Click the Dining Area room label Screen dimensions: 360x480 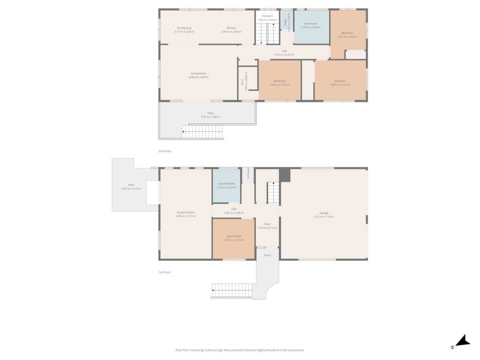(x=184, y=28)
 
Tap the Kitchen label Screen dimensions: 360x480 (x=231, y=28)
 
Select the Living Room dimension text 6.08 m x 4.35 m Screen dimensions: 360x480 (x=198, y=77)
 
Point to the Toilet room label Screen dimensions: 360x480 (x=285, y=23)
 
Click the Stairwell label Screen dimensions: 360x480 (x=267, y=16)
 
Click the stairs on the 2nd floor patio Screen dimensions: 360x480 (x=202, y=132)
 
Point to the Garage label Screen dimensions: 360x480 (x=324, y=213)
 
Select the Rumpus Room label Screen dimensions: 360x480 (x=185, y=212)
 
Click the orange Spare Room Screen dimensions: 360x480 (x=234, y=238)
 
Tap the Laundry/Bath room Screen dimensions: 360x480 (x=226, y=185)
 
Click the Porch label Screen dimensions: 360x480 (x=267, y=255)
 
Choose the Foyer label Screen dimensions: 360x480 (x=267, y=224)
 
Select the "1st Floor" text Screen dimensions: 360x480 (x=164, y=272)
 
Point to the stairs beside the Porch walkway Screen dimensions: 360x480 (x=232, y=291)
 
